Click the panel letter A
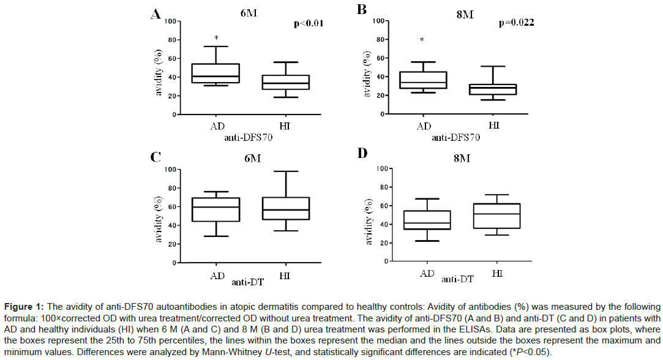pos(156,14)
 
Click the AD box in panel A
pos(217,73)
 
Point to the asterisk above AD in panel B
pos(422,40)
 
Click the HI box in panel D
pos(497,216)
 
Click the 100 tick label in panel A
pos(168,21)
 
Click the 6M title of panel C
pos(250,158)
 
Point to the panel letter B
pos(361,11)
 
